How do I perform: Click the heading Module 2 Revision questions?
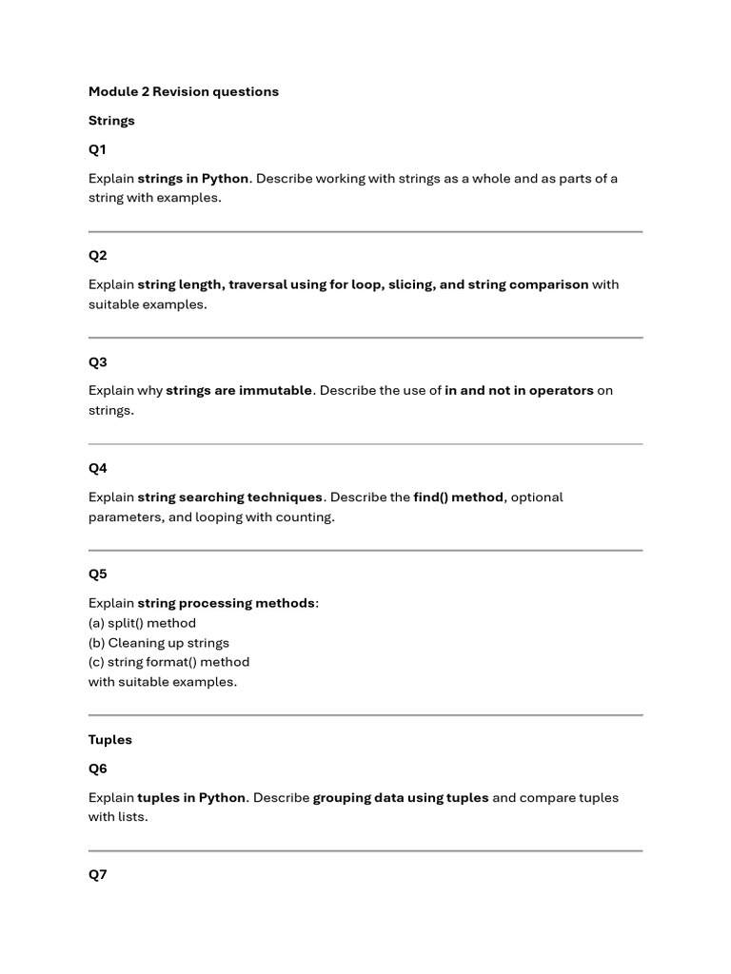click(x=184, y=91)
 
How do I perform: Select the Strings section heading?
click(x=111, y=121)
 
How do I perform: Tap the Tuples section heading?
click(x=110, y=740)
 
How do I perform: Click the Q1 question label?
click(x=98, y=149)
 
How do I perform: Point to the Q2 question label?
click(x=98, y=256)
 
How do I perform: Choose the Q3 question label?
click(x=98, y=362)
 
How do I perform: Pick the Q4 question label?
click(x=98, y=468)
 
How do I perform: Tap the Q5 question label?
click(x=98, y=575)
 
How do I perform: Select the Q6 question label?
click(x=98, y=769)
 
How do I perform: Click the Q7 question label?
click(x=98, y=875)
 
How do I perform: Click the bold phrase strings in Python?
click(x=193, y=179)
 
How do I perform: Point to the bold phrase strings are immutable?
click(x=239, y=391)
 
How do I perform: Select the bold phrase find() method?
click(x=458, y=497)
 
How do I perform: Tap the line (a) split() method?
click(x=142, y=623)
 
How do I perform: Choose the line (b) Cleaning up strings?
click(x=159, y=643)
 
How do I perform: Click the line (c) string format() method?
click(x=168, y=662)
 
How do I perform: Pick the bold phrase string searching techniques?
click(x=230, y=497)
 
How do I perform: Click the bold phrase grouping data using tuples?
click(x=401, y=798)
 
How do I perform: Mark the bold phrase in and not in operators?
click(x=519, y=391)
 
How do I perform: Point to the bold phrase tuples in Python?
click(x=192, y=798)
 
